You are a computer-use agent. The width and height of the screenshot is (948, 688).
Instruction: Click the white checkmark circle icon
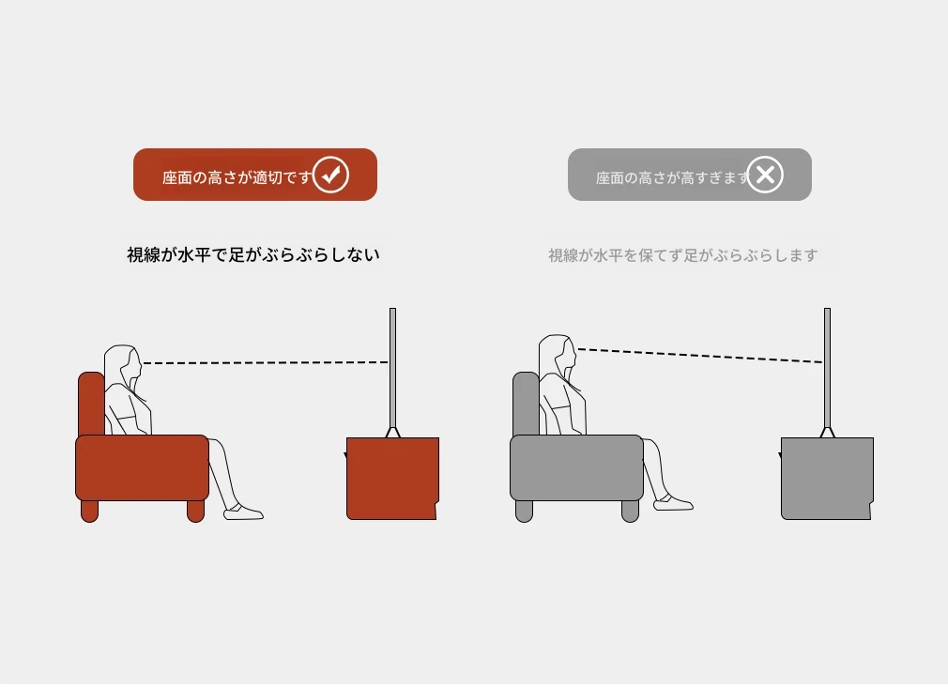[330, 175]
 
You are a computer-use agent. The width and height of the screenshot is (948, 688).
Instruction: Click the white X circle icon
[765, 175]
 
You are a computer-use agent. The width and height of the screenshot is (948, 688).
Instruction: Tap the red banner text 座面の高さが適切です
[237, 177]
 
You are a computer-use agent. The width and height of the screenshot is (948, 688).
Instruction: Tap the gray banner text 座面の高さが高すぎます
[671, 177]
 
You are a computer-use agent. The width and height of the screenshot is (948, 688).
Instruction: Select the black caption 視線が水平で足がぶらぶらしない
[253, 254]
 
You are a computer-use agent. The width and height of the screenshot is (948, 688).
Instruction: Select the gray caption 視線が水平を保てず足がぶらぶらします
[683, 255]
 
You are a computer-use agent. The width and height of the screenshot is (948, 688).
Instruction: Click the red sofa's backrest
[91, 404]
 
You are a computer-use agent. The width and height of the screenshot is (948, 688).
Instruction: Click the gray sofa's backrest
[526, 404]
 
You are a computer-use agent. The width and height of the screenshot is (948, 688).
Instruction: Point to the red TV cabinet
[392, 478]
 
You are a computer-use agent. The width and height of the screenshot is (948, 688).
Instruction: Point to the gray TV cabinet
[827, 478]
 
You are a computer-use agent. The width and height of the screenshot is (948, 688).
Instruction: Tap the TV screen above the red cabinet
[393, 368]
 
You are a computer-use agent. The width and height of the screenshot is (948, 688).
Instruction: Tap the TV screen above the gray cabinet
[827, 368]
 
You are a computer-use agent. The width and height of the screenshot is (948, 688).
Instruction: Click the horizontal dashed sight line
[266, 362]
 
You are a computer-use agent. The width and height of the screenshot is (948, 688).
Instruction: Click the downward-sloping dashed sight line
[700, 356]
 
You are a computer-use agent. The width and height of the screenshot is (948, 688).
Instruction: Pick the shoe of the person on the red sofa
[243, 512]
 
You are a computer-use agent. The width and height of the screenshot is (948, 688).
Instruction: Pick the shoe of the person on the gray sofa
[673, 502]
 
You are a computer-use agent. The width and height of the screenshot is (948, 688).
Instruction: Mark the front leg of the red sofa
[196, 511]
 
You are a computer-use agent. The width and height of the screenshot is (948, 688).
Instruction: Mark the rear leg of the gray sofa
[524, 511]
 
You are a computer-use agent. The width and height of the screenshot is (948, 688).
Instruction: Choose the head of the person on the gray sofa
[558, 355]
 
